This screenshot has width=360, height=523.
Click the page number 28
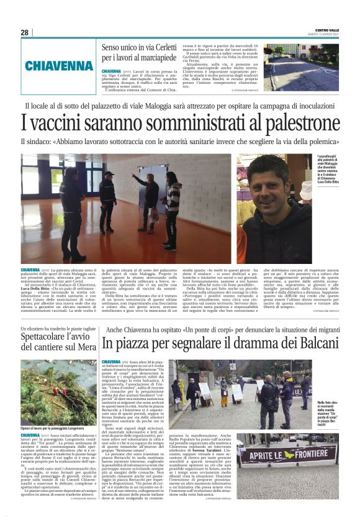[x=24, y=32]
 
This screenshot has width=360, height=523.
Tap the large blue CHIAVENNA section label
[x=60, y=66]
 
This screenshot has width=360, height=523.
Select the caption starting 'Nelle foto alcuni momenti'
[x=326, y=413]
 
